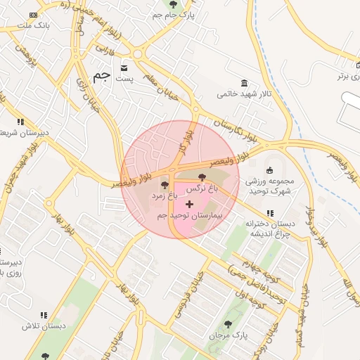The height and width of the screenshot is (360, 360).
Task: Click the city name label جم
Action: pyautogui.click(x=101, y=76)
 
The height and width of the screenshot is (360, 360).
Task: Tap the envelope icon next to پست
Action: pyautogui.click(x=124, y=68)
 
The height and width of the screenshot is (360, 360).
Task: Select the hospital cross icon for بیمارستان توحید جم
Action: pyautogui.click(x=189, y=203)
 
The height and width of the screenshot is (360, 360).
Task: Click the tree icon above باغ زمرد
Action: pyautogui.click(x=165, y=186)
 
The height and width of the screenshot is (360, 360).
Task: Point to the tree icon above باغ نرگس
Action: pyautogui.click(x=202, y=177)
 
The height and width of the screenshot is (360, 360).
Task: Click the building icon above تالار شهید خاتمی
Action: pyautogui.click(x=244, y=82)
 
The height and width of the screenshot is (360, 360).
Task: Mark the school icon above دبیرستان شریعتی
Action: pyautogui.click(x=20, y=122)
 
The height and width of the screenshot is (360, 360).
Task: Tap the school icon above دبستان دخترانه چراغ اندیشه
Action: pyautogui.click(x=270, y=213)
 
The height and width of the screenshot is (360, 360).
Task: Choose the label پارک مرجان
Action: pyautogui.click(x=226, y=336)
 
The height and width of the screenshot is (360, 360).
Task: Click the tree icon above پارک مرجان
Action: pyautogui.click(x=226, y=324)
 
